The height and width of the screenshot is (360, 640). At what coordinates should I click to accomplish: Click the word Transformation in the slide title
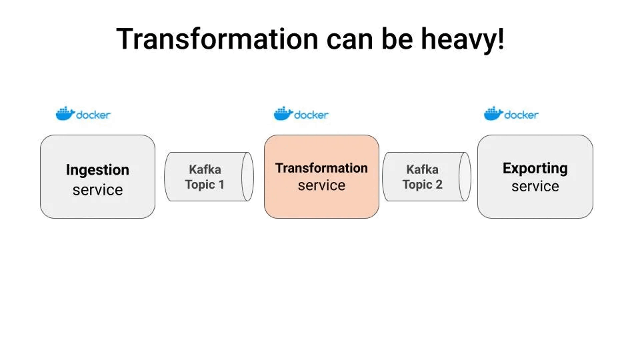click(217, 40)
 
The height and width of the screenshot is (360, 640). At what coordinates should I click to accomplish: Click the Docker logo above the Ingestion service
click(83, 114)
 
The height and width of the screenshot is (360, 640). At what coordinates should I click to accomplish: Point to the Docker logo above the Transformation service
click(301, 114)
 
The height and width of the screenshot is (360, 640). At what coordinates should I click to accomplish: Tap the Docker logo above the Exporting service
click(511, 114)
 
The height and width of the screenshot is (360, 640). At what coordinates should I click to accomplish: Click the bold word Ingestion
click(97, 170)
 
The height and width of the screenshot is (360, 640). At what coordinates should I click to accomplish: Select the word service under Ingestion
click(97, 190)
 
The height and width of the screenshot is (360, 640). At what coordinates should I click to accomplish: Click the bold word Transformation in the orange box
click(321, 168)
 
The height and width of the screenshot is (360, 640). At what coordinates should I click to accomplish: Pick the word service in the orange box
click(321, 186)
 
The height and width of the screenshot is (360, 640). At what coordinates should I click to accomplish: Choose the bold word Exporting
click(535, 168)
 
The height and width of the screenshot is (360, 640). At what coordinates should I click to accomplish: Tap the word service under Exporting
click(535, 187)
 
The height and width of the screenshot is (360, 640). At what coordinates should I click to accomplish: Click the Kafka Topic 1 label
click(205, 177)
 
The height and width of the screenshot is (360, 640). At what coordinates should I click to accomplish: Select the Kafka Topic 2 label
click(422, 177)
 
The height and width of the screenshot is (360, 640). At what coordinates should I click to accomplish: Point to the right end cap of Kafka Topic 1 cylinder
click(247, 177)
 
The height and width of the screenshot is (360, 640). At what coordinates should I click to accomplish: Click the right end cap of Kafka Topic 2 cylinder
click(465, 177)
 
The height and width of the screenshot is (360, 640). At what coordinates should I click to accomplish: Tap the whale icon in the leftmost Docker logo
click(65, 113)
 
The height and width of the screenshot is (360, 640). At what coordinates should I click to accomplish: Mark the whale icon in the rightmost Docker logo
click(493, 113)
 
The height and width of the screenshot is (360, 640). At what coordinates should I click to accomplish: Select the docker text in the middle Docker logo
click(311, 115)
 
